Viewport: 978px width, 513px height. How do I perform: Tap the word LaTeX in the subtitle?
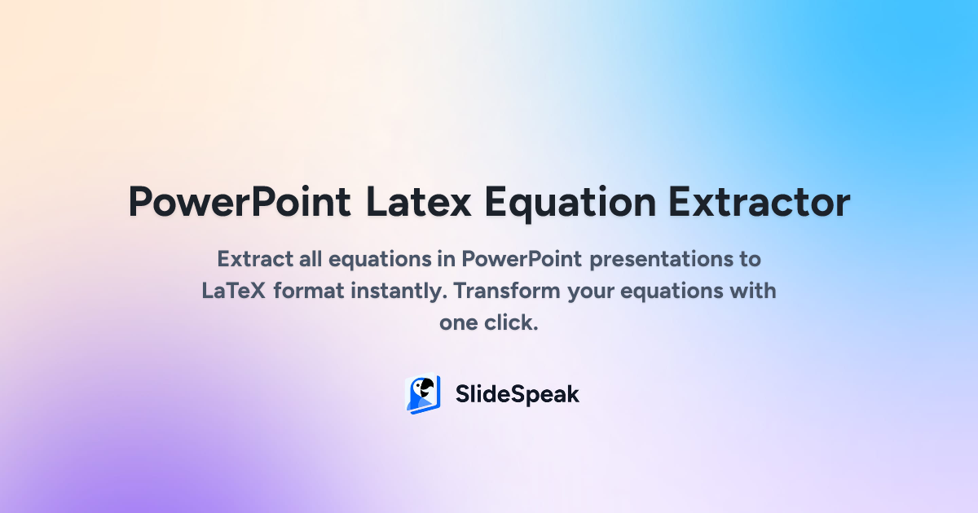(x=233, y=291)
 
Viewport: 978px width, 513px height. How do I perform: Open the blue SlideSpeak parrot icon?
(x=423, y=395)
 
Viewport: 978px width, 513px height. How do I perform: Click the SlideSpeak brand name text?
(x=517, y=395)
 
